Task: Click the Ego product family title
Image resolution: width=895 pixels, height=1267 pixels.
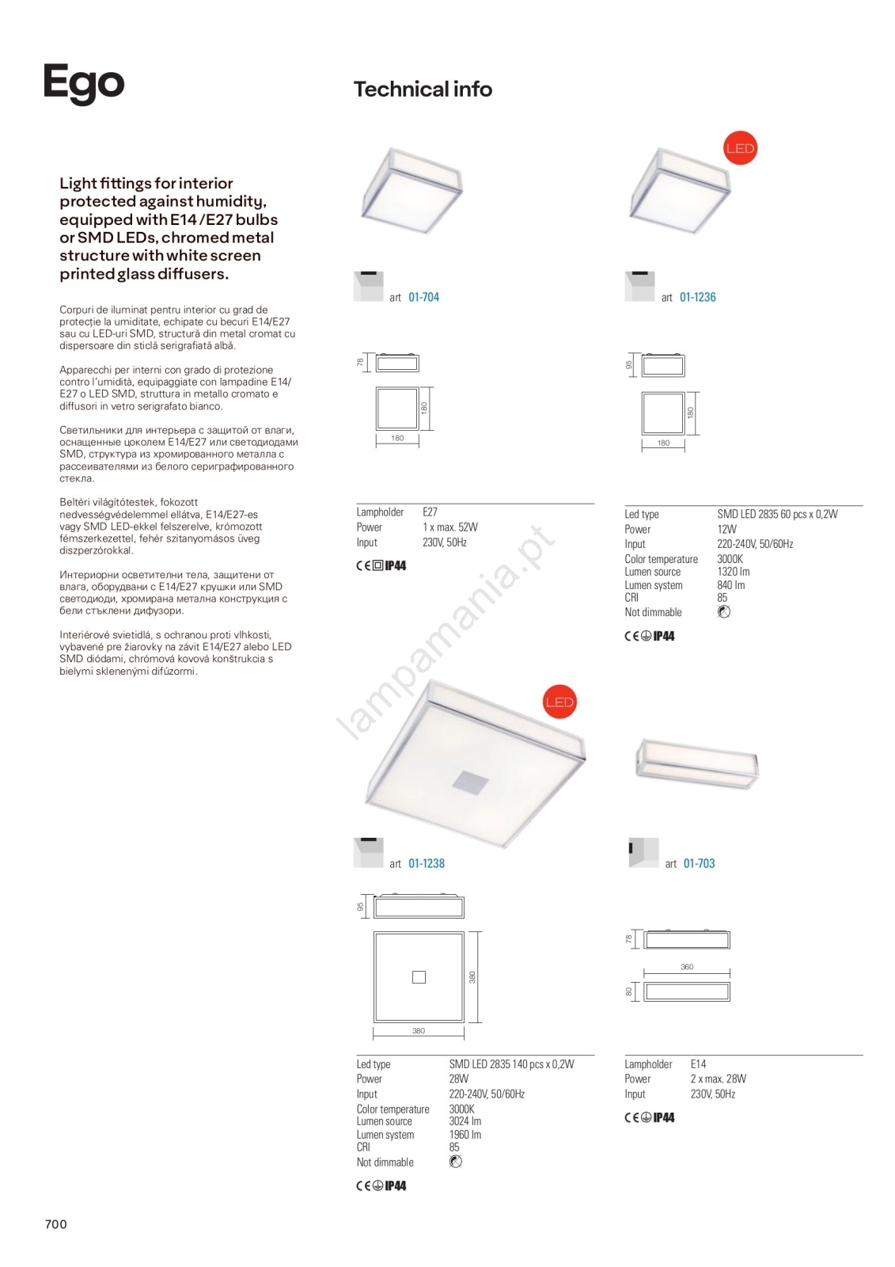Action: click(x=84, y=83)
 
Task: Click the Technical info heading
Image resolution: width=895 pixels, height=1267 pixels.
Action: click(x=423, y=89)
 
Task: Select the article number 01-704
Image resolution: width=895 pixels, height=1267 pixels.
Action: click(x=423, y=297)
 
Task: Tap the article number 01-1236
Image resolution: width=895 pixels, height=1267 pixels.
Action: click(x=697, y=297)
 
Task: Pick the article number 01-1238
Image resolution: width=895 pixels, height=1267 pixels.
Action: click(x=427, y=863)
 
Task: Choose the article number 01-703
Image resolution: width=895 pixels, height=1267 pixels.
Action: click(x=699, y=863)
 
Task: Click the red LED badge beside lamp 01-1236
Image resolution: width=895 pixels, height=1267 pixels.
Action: click(x=740, y=148)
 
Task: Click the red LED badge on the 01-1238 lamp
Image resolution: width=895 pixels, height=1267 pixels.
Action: click(x=559, y=702)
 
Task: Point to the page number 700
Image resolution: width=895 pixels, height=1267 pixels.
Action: click(x=56, y=1223)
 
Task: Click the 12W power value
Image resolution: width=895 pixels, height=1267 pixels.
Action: click(x=726, y=529)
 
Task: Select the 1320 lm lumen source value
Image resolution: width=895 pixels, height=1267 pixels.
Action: click(x=733, y=572)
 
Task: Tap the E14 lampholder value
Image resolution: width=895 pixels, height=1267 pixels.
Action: click(x=698, y=1064)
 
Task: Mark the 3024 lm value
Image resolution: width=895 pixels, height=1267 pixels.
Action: click(x=465, y=1121)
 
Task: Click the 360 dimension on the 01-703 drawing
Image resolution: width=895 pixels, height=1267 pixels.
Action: click(x=687, y=967)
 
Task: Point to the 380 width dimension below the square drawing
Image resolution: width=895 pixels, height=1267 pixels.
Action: click(x=419, y=1031)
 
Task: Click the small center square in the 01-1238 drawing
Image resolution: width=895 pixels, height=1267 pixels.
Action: click(x=419, y=977)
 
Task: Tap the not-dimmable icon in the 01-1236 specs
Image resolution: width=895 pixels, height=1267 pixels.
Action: click(x=723, y=612)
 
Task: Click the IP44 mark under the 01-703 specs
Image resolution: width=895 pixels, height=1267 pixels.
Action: click(x=663, y=1117)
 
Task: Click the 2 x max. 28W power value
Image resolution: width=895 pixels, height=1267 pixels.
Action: click(x=718, y=1079)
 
